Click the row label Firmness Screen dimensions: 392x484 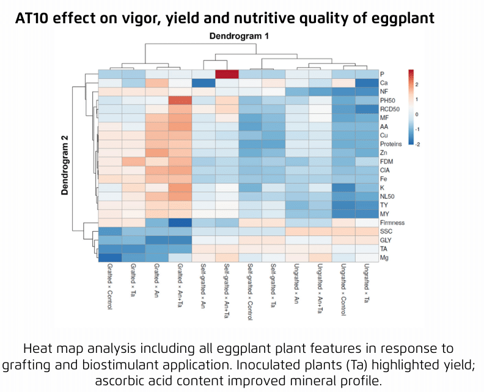391,223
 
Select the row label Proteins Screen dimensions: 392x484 391,144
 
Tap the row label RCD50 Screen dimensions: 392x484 389,109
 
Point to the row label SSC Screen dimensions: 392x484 386,232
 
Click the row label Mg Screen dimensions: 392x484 384,258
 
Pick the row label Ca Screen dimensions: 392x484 384,83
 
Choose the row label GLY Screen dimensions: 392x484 386,240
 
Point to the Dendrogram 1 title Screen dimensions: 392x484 239,37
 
